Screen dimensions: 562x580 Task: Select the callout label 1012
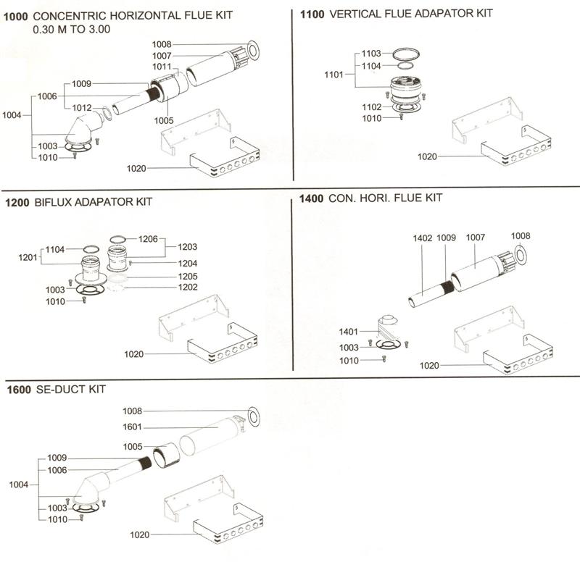(81, 108)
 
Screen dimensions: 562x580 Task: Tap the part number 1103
(371, 54)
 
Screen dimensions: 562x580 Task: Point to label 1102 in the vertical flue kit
(371, 107)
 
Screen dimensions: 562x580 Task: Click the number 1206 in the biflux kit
(148, 238)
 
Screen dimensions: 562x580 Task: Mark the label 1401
(349, 331)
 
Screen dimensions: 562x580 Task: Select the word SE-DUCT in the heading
(58, 390)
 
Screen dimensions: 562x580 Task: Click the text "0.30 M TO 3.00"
(70, 30)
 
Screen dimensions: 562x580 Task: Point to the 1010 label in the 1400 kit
(349, 360)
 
